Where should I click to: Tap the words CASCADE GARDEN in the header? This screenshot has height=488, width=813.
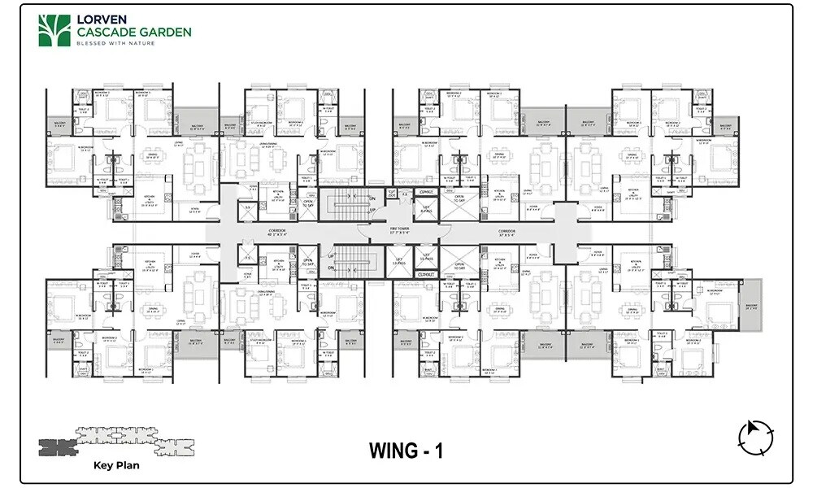pyautogui.click(x=134, y=33)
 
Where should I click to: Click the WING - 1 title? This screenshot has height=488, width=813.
pyautogui.click(x=406, y=450)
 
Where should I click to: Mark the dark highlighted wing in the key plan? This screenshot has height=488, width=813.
pyautogui.click(x=57, y=445)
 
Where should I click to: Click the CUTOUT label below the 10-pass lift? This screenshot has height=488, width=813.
pyautogui.click(x=426, y=274)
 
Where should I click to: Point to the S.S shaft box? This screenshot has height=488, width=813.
pyautogui.click(x=247, y=207)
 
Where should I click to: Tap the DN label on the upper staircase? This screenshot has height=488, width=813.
pyautogui.click(x=372, y=198)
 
